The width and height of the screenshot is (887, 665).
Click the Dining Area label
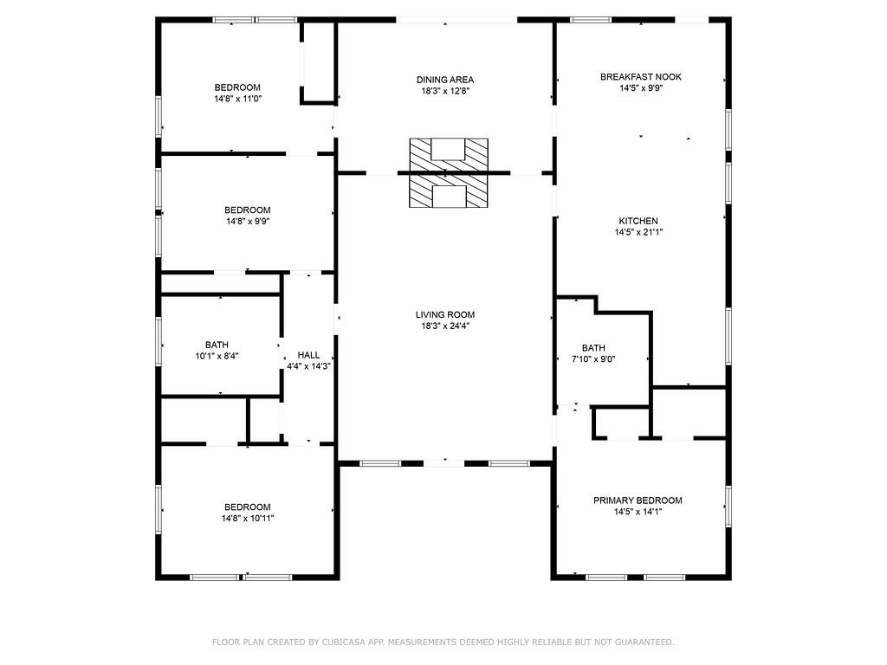[445, 80]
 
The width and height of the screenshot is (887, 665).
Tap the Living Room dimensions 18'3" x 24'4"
[445, 326]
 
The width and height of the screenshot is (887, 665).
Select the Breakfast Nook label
[641, 77]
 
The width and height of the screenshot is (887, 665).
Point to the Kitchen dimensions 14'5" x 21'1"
[638, 232]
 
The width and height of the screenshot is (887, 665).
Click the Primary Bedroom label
[638, 500]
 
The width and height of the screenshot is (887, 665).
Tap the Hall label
[309, 355]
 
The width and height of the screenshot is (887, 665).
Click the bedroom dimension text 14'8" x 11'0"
[237, 99]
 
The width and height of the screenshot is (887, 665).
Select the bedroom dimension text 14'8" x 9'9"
[248, 222]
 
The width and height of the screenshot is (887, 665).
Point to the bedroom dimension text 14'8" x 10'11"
[248, 518]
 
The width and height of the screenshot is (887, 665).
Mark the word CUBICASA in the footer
[345, 642]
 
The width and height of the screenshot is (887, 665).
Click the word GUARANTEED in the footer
[644, 642]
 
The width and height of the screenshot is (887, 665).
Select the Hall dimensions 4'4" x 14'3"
[309, 366]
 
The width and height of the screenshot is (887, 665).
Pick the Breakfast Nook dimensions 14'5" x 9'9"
[641, 88]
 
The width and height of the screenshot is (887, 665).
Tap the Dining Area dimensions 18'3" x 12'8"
[445, 91]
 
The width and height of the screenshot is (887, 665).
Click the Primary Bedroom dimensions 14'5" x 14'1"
[638, 512]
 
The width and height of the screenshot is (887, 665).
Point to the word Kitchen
[638, 221]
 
